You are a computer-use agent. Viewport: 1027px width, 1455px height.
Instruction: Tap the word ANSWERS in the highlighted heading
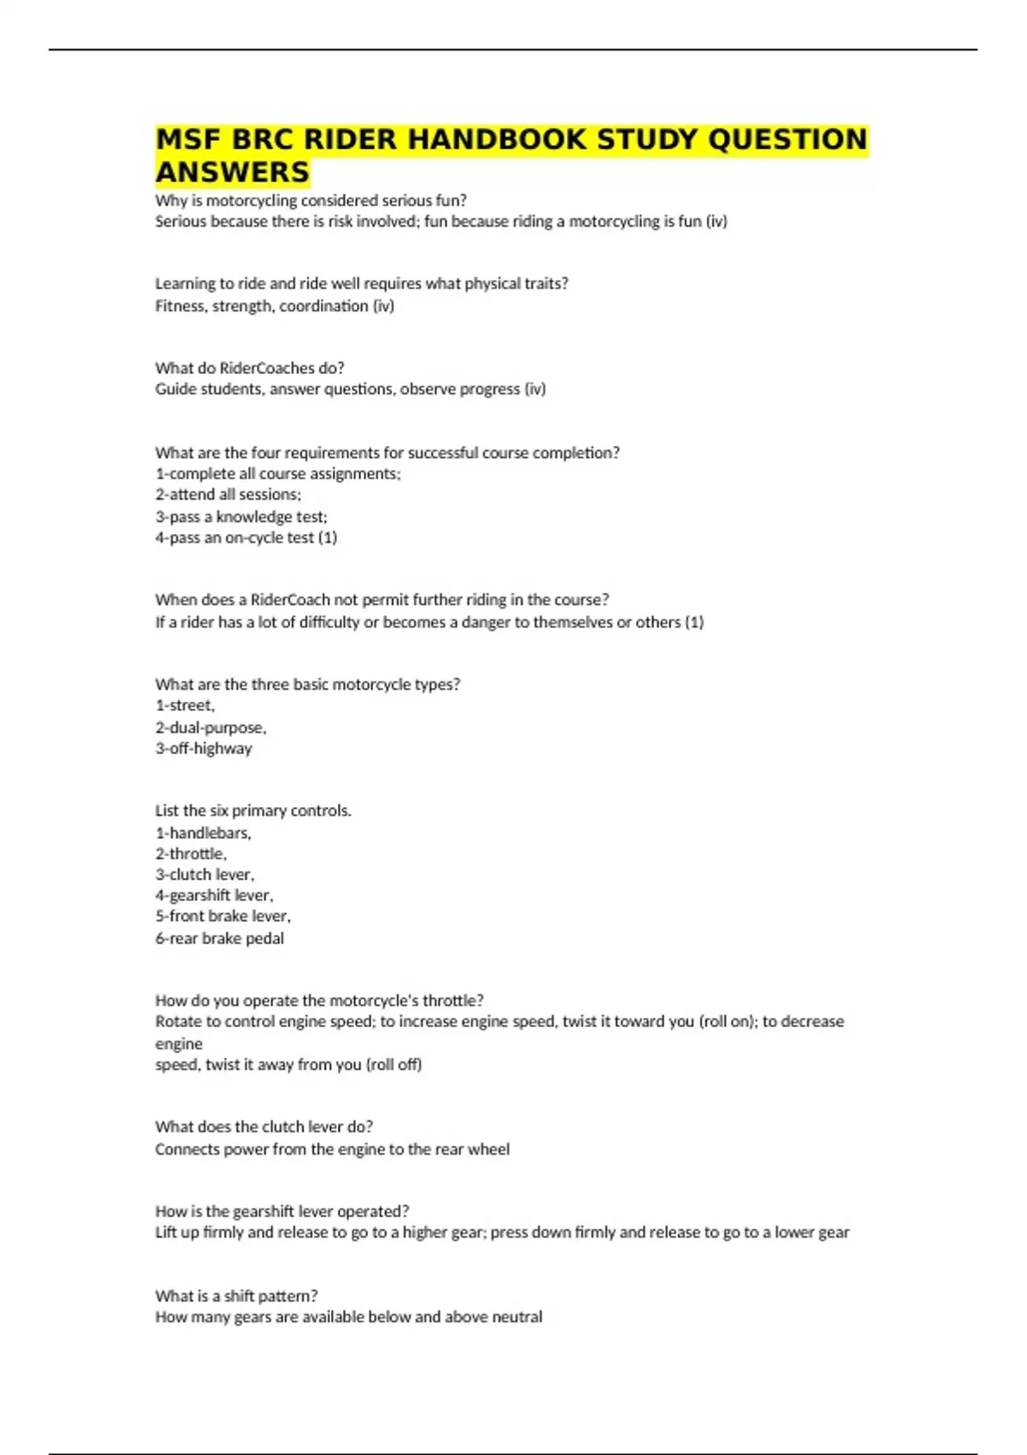232,172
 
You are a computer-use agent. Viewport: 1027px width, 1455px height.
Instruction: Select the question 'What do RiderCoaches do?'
249,368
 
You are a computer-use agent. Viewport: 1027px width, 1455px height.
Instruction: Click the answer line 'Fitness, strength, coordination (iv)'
274,306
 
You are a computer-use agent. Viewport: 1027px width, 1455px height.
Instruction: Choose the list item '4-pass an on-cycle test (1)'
246,537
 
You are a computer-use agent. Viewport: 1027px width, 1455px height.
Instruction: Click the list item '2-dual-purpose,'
211,727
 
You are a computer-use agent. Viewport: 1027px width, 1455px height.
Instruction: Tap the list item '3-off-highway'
203,748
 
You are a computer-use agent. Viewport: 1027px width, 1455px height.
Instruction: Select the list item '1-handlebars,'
203,833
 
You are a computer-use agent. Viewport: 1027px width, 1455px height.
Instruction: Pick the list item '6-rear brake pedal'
219,938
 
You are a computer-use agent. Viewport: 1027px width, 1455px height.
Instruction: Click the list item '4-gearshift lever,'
214,895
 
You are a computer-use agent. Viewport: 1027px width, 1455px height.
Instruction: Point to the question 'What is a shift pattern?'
236,1296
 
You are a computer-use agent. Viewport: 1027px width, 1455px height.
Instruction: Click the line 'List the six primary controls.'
252,811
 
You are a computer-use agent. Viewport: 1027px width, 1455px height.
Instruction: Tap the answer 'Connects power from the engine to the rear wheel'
332,1149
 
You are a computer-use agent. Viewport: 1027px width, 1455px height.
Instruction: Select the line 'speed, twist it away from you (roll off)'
288,1065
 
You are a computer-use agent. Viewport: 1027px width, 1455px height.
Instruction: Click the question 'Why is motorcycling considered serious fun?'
311,200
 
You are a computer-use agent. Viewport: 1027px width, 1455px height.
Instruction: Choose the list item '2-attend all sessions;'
228,494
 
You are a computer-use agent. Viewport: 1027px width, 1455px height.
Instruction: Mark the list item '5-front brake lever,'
223,916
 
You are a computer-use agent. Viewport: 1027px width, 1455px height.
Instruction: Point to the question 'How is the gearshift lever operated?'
282,1211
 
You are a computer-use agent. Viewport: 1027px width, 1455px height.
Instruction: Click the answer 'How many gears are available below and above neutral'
348,1316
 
